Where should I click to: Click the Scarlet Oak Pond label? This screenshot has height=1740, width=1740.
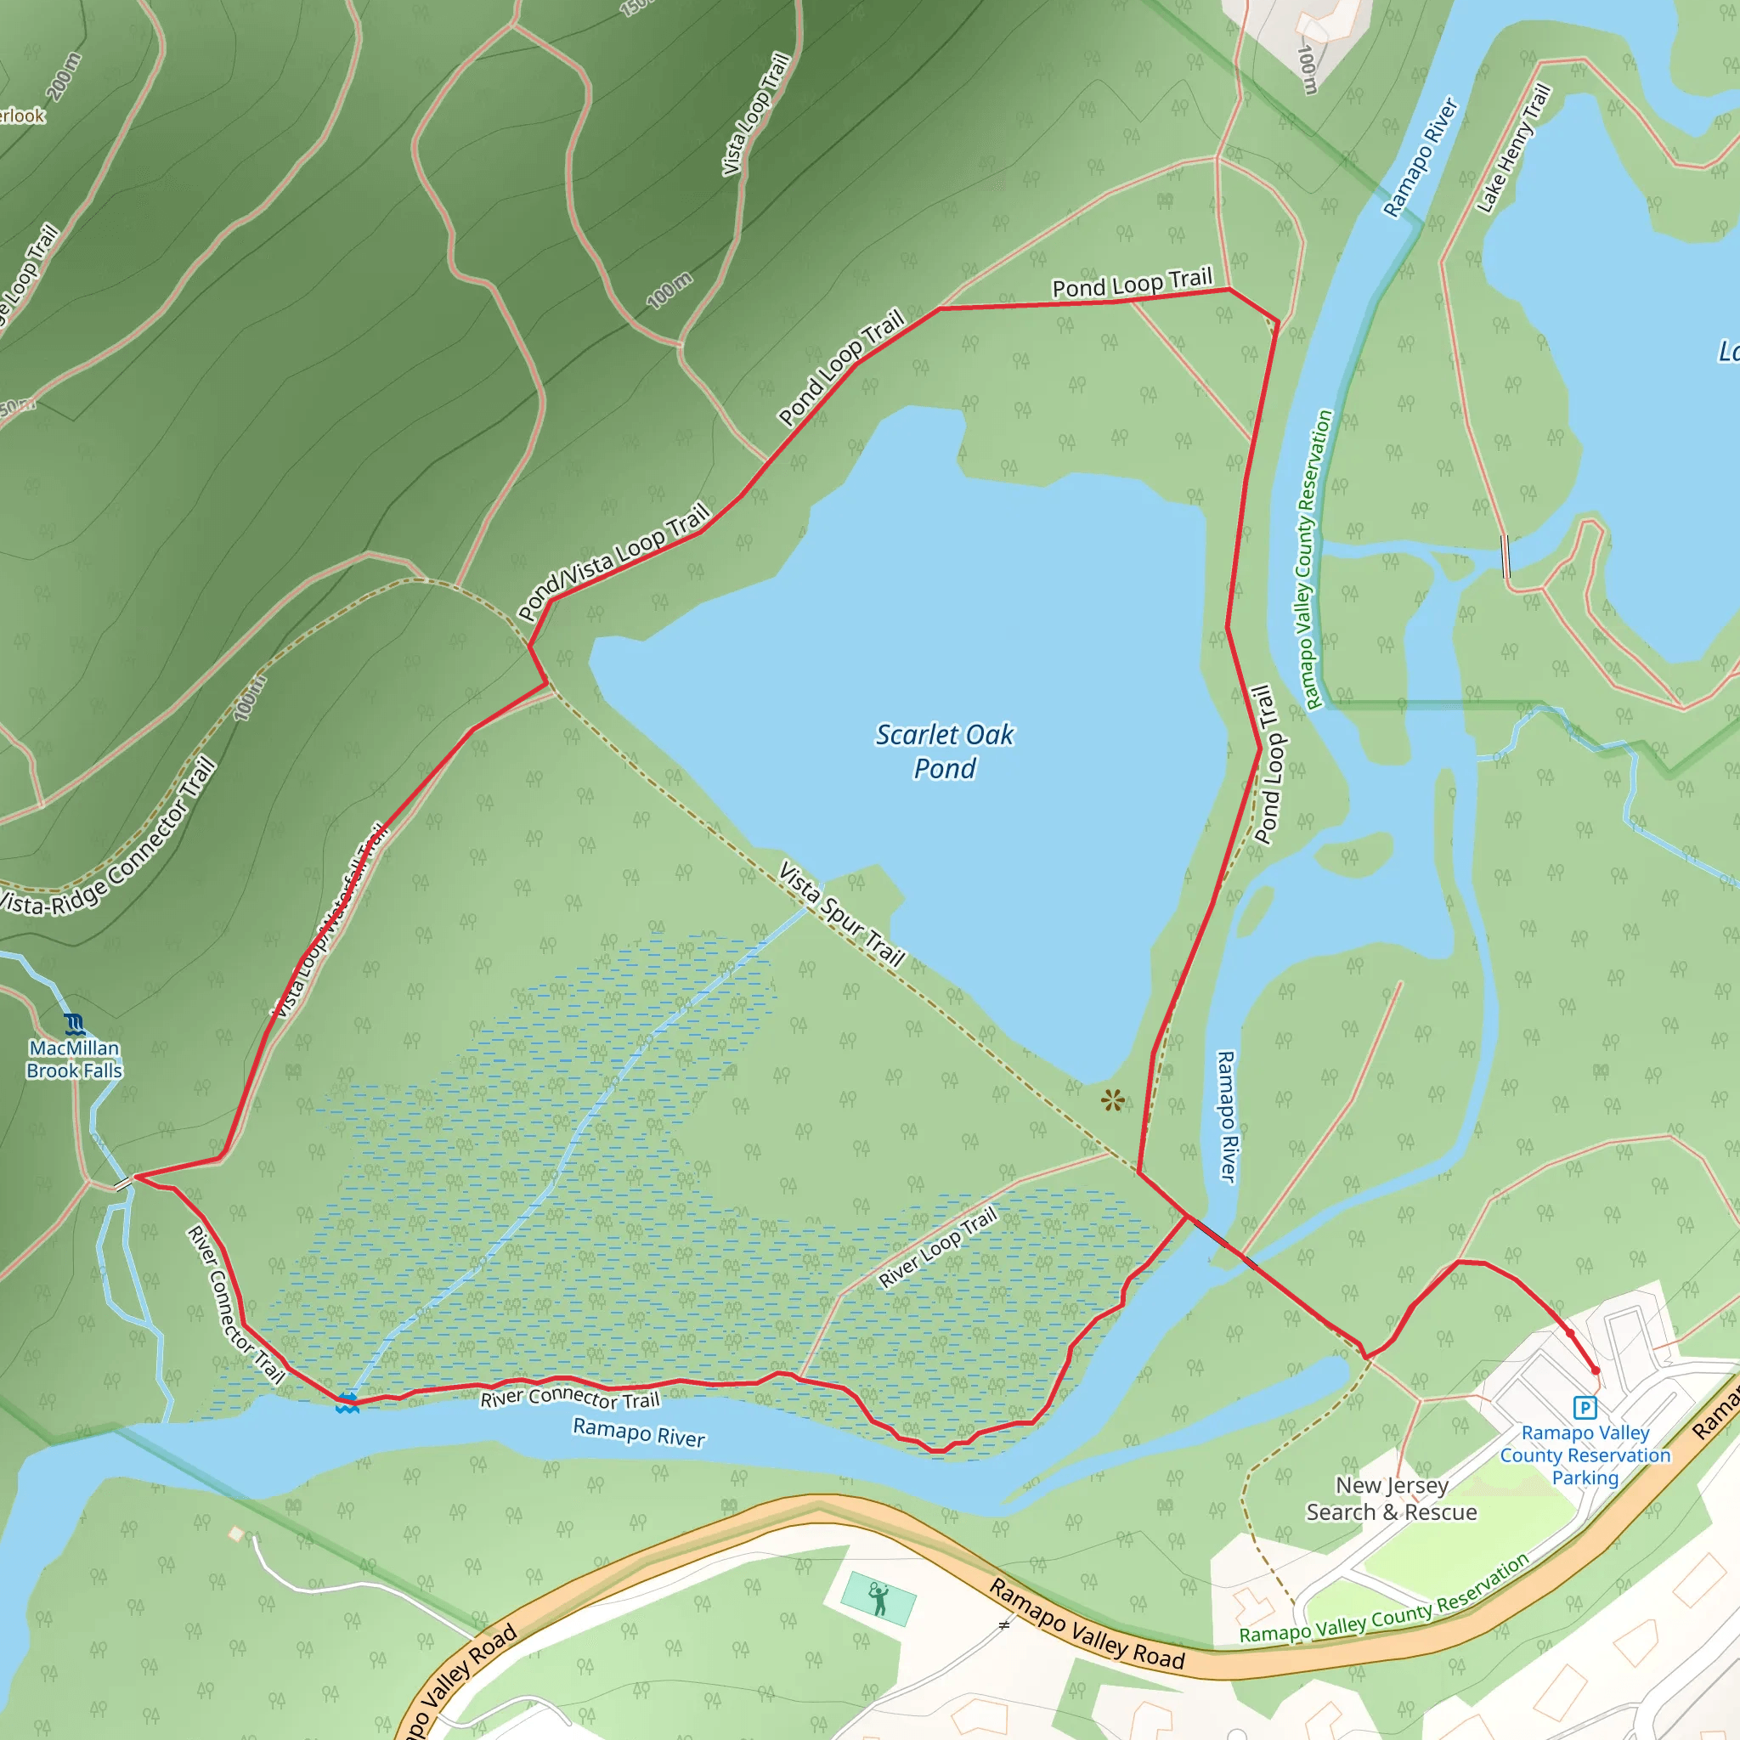[x=945, y=751]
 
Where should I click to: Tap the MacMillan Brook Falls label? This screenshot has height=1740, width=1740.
[x=74, y=1059]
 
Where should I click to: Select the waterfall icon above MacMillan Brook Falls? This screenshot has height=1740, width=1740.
[x=75, y=1024]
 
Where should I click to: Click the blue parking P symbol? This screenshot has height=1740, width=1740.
[x=1585, y=1407]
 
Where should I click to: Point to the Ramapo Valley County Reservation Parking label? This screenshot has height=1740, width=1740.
[x=1585, y=1455]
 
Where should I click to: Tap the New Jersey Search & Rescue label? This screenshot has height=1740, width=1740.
[x=1392, y=1499]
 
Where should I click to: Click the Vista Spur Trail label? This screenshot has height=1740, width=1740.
[x=841, y=914]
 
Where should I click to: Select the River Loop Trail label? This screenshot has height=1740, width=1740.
[x=938, y=1247]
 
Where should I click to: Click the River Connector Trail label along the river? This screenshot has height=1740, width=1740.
[x=570, y=1398]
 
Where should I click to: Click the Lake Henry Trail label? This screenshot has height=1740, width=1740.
[x=1514, y=149]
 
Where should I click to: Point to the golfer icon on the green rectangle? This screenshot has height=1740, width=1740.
[x=878, y=1599]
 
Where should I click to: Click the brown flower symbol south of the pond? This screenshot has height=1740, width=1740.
[x=1112, y=1099]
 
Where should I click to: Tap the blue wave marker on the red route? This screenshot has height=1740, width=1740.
[x=347, y=1402]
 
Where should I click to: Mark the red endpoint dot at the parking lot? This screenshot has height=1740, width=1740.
[x=1596, y=1370]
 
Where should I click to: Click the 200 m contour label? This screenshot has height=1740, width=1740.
[x=63, y=76]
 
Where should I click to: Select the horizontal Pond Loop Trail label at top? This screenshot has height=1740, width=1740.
[x=1132, y=284]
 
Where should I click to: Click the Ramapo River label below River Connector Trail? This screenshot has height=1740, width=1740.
[x=639, y=1432]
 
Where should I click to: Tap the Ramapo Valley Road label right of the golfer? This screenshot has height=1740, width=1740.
[x=1087, y=1624]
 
